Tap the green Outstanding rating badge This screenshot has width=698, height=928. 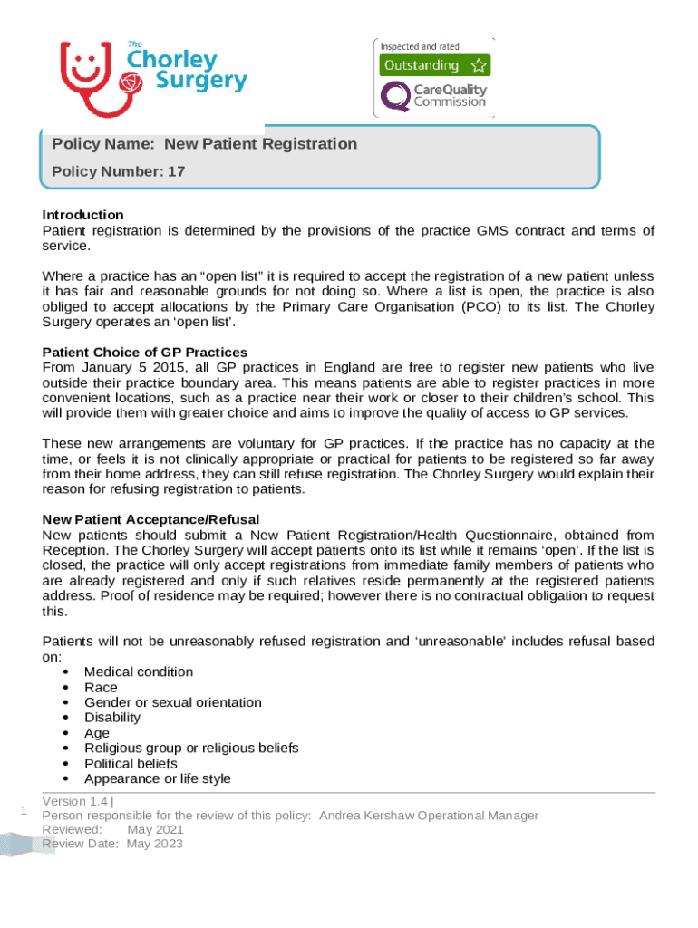click(x=434, y=65)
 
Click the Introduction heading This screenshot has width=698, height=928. click(x=83, y=215)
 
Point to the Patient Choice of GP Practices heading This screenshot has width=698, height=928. click(x=145, y=352)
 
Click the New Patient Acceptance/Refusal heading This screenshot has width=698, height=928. click(x=150, y=519)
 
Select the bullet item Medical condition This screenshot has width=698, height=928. click(x=138, y=672)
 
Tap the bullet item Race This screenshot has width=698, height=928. click(x=101, y=687)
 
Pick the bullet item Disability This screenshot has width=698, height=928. click(x=112, y=718)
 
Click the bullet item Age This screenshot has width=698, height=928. click(x=96, y=733)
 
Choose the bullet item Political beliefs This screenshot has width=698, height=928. click(x=131, y=763)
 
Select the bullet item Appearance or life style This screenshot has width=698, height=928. click(x=157, y=778)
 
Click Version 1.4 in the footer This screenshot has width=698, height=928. click(x=75, y=801)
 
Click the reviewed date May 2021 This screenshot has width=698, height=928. click(x=155, y=829)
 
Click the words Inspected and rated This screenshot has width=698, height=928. click(x=420, y=46)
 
